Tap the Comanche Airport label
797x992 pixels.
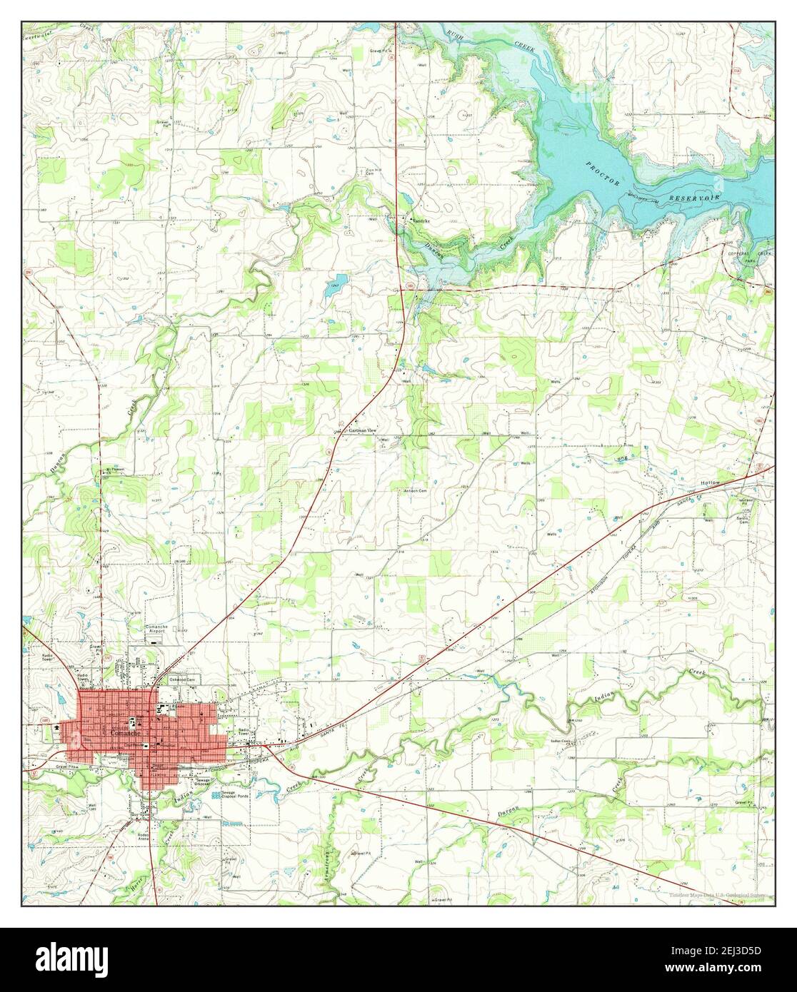tap(156, 629)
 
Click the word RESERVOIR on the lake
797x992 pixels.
tap(695, 196)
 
